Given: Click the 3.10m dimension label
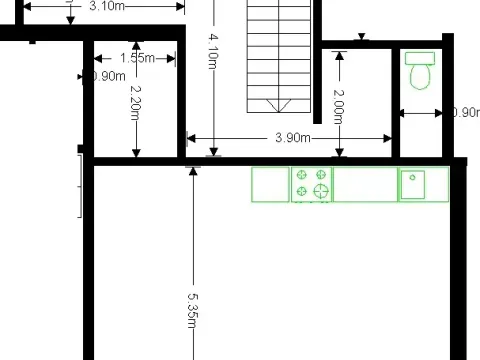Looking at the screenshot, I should (108, 6).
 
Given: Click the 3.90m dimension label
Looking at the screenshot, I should (290, 137).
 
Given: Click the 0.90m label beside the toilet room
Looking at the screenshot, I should (466, 112).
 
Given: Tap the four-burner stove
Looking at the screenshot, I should (311, 184).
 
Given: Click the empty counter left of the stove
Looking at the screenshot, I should (270, 184).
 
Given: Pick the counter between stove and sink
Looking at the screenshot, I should (365, 184).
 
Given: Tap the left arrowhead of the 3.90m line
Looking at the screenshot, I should (190, 138).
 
